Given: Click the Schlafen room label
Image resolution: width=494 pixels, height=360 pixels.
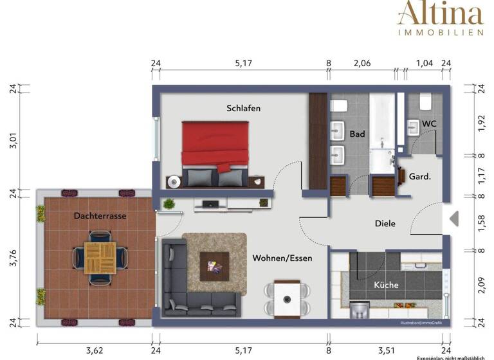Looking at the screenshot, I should tap(243, 109).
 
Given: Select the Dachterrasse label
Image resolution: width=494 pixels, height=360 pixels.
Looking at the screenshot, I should tap(100, 216).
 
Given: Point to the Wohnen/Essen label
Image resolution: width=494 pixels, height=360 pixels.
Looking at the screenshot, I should tap(282, 258).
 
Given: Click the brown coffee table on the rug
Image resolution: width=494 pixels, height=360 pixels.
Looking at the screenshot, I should tap(214, 264).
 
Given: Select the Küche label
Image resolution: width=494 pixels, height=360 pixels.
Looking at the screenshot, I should tap(386, 285).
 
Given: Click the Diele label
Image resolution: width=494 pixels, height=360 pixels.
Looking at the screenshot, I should tap(385, 224).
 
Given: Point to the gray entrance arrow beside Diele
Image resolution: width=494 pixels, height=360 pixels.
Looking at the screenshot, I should tap(453, 219).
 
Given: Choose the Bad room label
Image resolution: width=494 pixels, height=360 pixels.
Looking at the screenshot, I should tap(357, 134).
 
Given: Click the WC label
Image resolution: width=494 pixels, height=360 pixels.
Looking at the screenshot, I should tap(429, 124).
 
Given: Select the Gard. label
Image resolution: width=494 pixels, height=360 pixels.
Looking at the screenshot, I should tap(420, 176).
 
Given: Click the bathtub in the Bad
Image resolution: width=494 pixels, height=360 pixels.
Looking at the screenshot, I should tap(382, 132).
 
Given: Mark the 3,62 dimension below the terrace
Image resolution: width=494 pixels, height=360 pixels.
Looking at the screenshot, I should tap(94, 351).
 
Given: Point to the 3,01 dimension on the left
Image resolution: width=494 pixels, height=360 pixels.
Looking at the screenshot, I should tap(11, 143).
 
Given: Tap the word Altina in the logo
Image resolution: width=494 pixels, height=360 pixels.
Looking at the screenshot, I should tap(440, 14).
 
